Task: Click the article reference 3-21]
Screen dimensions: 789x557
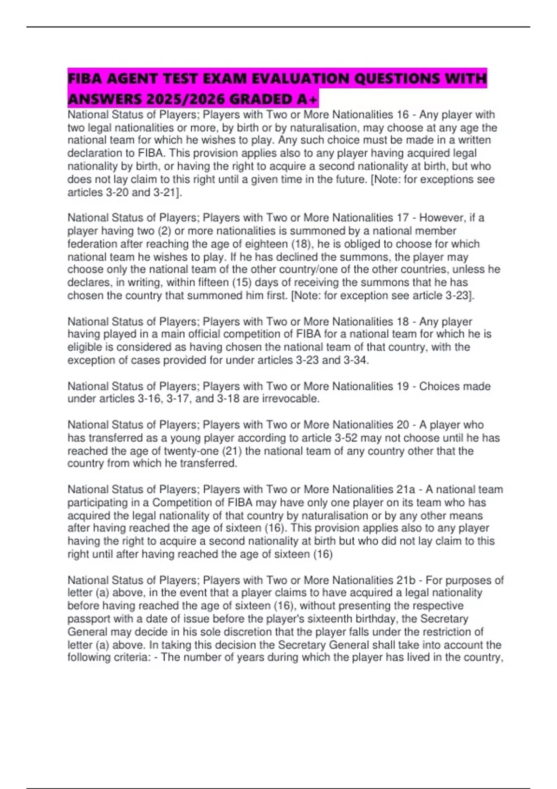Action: coord(167,192)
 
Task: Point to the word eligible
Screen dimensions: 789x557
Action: coord(84,347)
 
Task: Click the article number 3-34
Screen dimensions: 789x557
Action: coord(356,360)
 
